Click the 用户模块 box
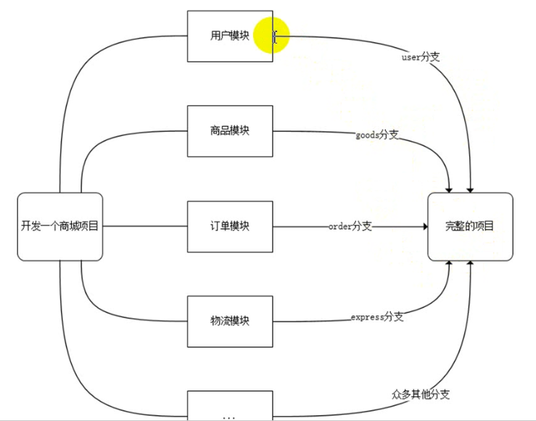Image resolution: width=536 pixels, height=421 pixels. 230,36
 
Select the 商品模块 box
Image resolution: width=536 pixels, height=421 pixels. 230,131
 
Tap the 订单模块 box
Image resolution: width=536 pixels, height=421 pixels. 230,226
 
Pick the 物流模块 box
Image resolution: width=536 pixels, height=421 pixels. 230,320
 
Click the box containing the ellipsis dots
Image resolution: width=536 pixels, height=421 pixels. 230,407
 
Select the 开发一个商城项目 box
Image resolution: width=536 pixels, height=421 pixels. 59,226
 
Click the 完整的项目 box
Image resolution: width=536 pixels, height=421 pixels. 470,226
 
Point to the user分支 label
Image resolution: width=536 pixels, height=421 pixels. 421,56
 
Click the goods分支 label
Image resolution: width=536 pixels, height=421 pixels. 377,135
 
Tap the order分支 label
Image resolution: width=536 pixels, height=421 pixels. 350,226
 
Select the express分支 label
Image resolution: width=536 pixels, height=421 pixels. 377,317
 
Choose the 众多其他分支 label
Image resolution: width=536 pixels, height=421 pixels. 421,394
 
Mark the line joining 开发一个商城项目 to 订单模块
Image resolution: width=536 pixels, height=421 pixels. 144,226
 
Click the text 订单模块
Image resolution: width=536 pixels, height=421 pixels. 230,226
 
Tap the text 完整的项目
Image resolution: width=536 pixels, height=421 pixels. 470,226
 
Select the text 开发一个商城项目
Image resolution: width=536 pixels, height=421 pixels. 59,226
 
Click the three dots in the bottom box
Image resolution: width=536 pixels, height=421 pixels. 230,417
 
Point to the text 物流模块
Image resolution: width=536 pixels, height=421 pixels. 230,320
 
